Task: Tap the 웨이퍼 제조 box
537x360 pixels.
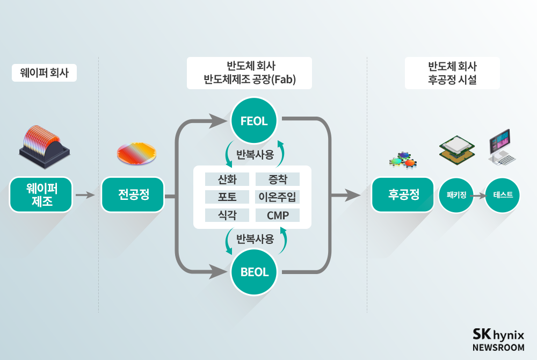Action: [41, 195]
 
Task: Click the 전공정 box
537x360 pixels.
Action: [133, 195]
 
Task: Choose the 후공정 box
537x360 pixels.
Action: [403, 195]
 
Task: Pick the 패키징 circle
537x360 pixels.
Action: [455, 195]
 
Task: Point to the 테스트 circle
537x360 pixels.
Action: [503, 195]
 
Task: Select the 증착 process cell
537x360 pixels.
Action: [277, 179]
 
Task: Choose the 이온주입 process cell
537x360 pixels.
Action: [277, 197]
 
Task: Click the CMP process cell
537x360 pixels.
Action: [277, 215]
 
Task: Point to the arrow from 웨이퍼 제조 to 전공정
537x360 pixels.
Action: [86, 195]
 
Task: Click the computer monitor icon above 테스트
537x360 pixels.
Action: [502, 146]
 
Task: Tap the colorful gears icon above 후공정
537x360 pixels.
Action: [403, 161]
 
